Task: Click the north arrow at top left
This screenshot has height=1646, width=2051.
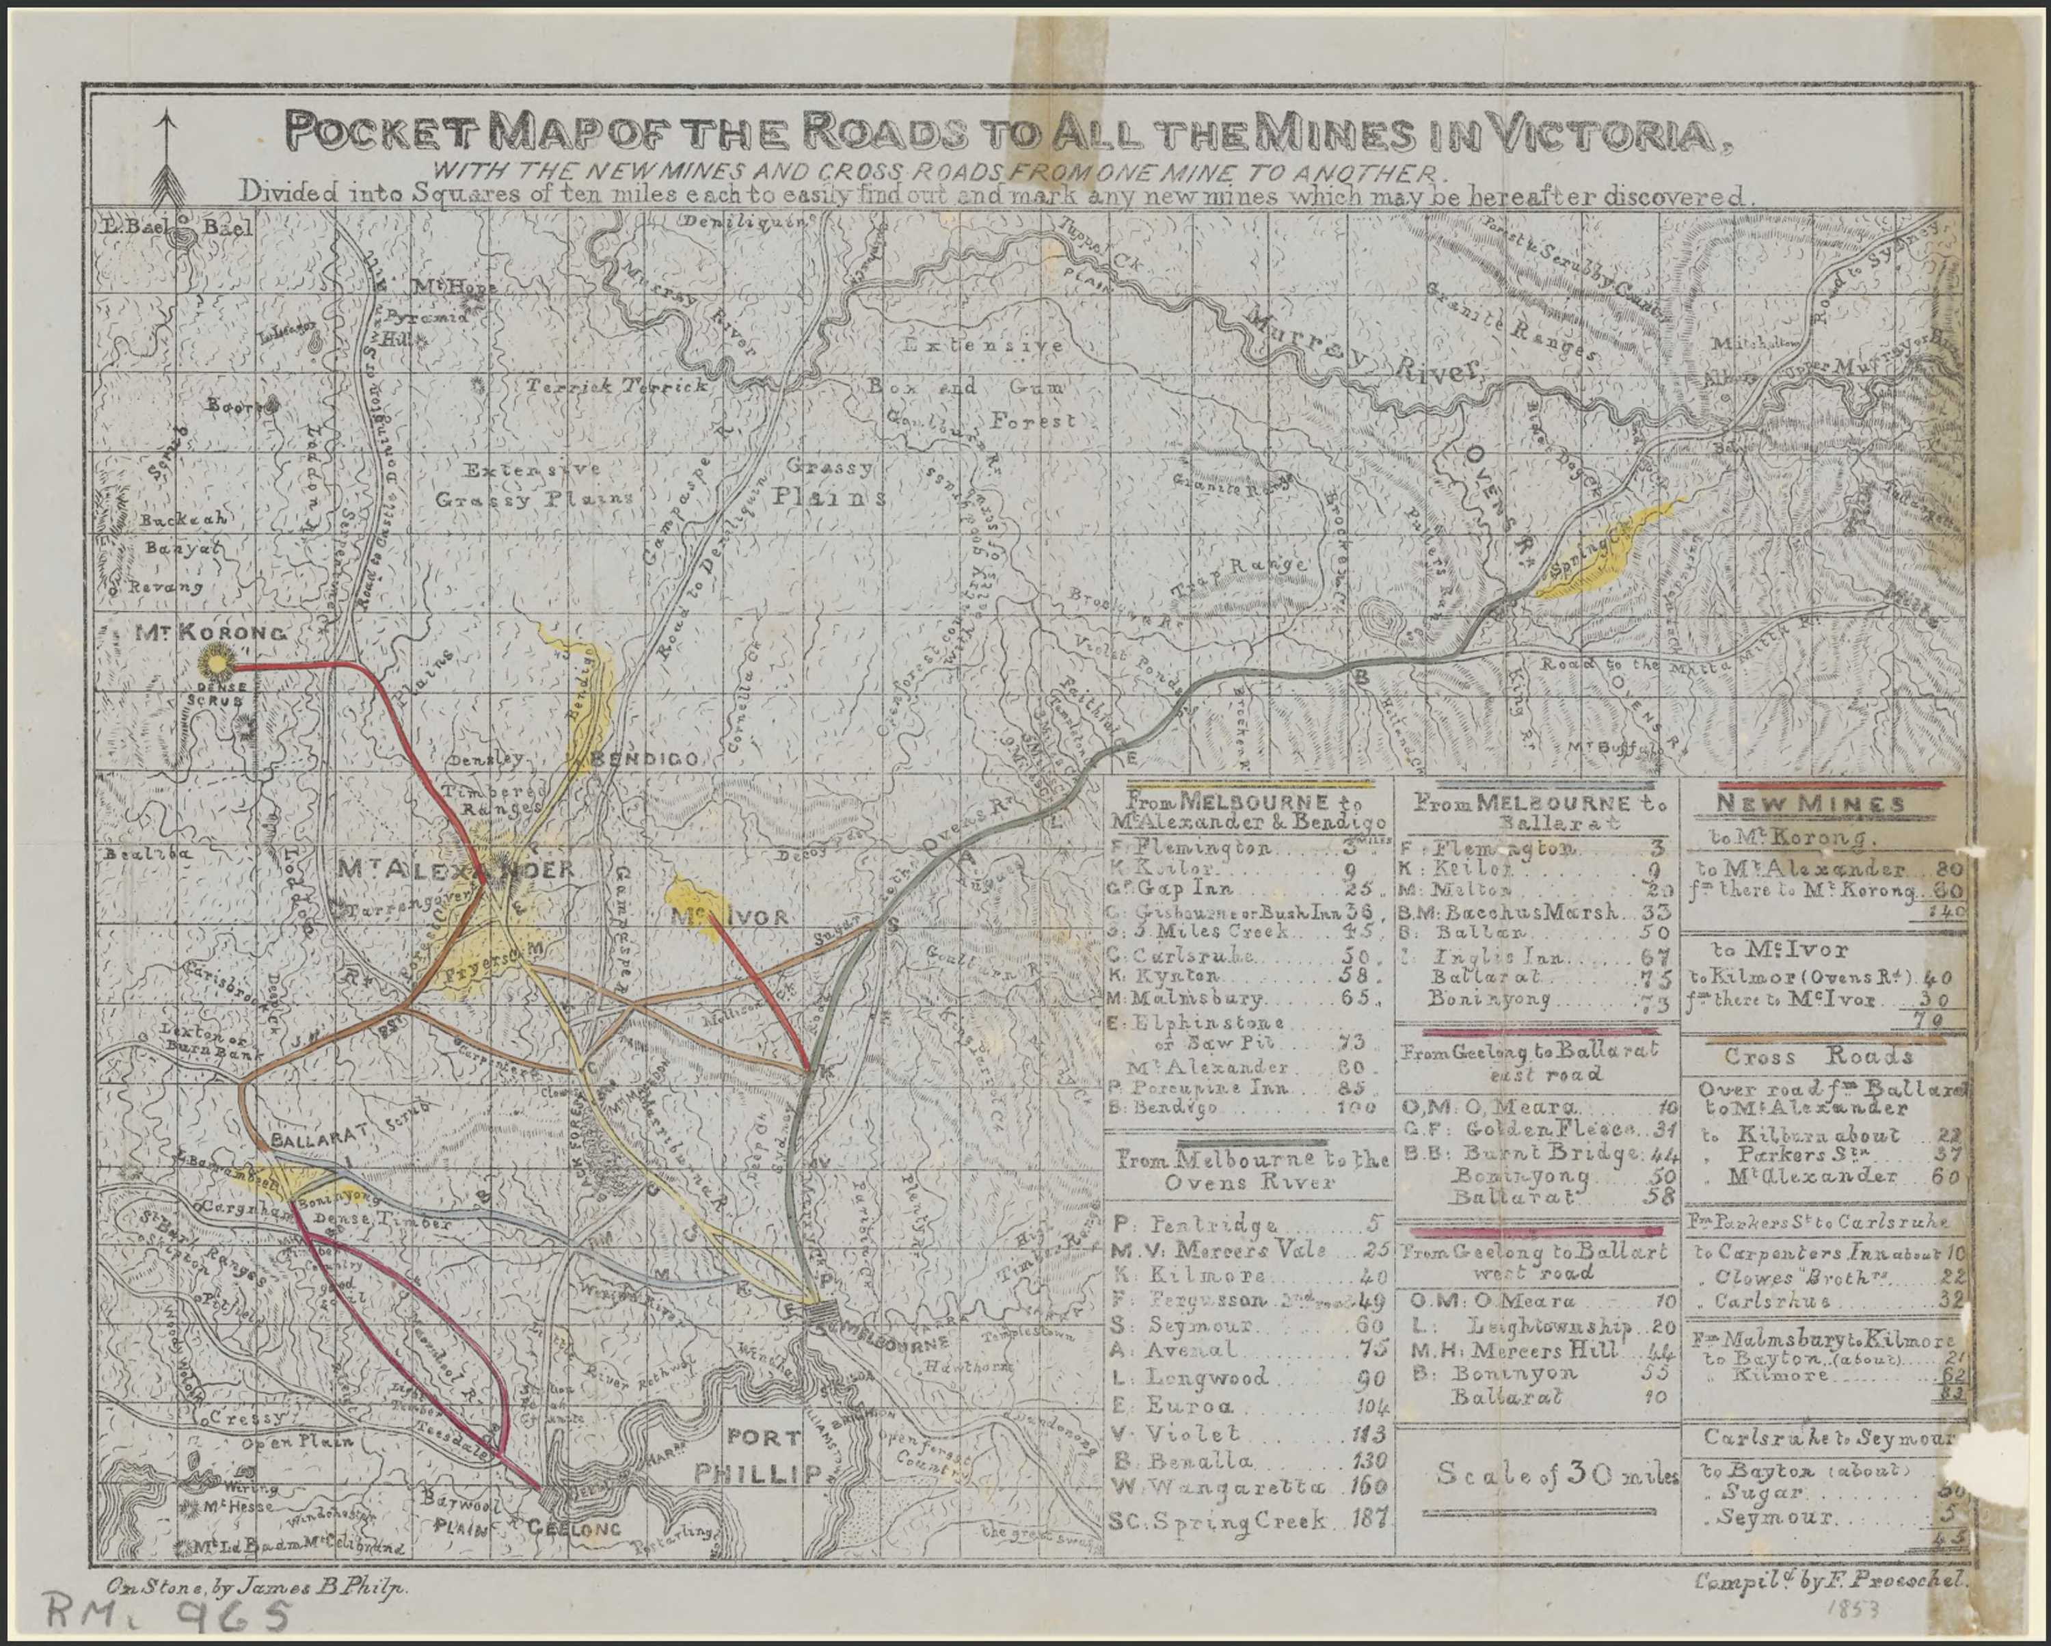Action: tap(167, 157)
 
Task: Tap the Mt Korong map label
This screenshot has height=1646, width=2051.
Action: tap(209, 633)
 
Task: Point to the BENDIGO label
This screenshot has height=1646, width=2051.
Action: tap(647, 759)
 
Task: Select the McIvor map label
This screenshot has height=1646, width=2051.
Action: tap(729, 917)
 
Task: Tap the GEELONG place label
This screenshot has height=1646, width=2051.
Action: tap(574, 1529)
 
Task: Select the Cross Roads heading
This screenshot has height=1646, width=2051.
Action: tap(1818, 1056)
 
